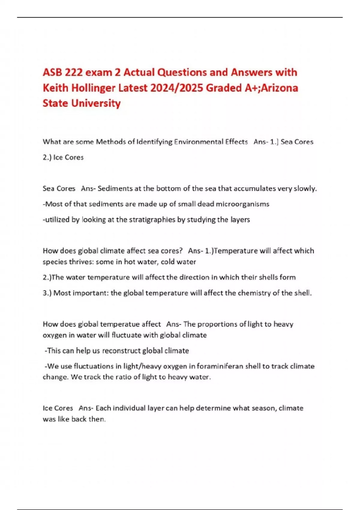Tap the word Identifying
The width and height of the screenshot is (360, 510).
[x=154, y=142]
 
